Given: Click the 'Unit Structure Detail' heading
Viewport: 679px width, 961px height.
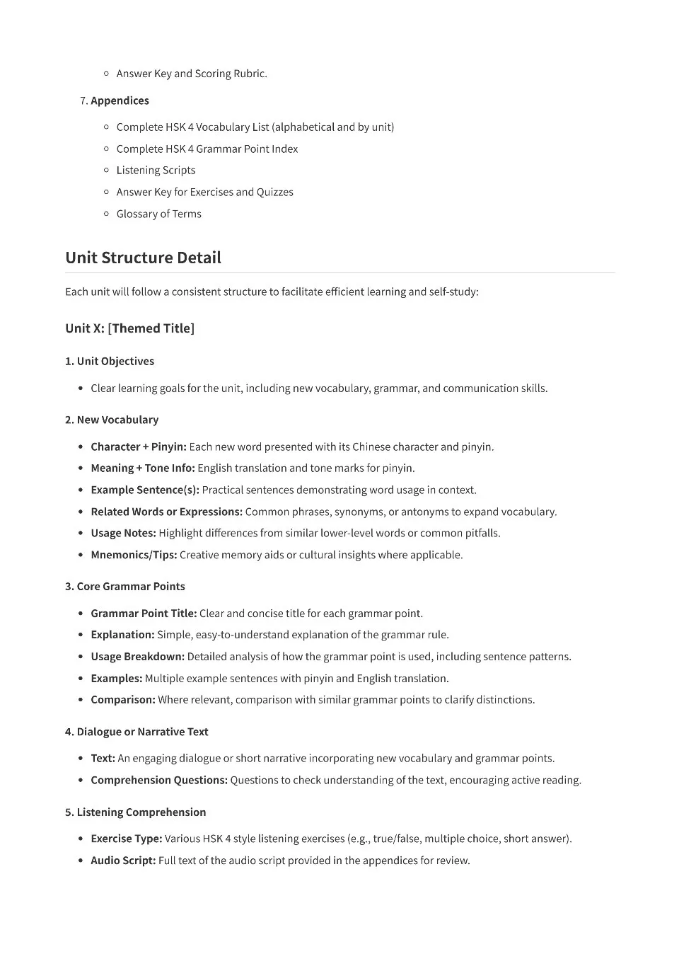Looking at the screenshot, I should (x=143, y=258).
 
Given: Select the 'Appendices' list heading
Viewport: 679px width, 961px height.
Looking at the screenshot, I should (x=120, y=100).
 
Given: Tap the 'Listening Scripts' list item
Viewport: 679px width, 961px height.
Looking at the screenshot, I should (x=156, y=170).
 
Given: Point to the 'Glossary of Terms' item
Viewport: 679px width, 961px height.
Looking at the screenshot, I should (x=158, y=214).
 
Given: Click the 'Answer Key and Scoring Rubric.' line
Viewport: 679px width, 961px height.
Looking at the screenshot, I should (x=192, y=74).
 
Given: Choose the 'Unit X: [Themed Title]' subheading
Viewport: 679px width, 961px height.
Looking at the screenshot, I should (x=129, y=328).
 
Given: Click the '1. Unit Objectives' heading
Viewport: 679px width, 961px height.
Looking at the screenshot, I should (x=110, y=361).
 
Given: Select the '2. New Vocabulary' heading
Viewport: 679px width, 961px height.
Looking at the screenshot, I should (x=112, y=420).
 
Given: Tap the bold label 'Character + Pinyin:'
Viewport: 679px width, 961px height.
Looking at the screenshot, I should (x=139, y=447).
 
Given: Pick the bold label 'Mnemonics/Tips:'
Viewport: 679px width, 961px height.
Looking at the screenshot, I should (x=134, y=555).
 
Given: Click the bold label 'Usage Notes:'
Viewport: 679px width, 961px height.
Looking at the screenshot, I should (x=123, y=533).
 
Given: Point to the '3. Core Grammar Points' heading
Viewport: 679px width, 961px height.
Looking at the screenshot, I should (x=125, y=586).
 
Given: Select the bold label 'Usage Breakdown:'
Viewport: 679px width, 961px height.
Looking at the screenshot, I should (x=137, y=657).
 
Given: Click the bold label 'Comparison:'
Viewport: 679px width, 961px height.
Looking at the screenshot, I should (x=122, y=700).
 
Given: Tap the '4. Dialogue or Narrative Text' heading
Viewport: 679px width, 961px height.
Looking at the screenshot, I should (x=137, y=732).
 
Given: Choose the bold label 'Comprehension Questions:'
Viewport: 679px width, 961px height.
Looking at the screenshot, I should (x=159, y=780).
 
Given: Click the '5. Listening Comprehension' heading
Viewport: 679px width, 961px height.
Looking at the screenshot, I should (x=136, y=812).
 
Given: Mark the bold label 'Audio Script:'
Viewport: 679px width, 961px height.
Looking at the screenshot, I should (x=123, y=861).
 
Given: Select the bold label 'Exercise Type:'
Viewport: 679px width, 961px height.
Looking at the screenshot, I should (x=126, y=839).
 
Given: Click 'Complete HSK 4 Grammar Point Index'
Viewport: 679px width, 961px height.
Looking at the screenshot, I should (x=207, y=149).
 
